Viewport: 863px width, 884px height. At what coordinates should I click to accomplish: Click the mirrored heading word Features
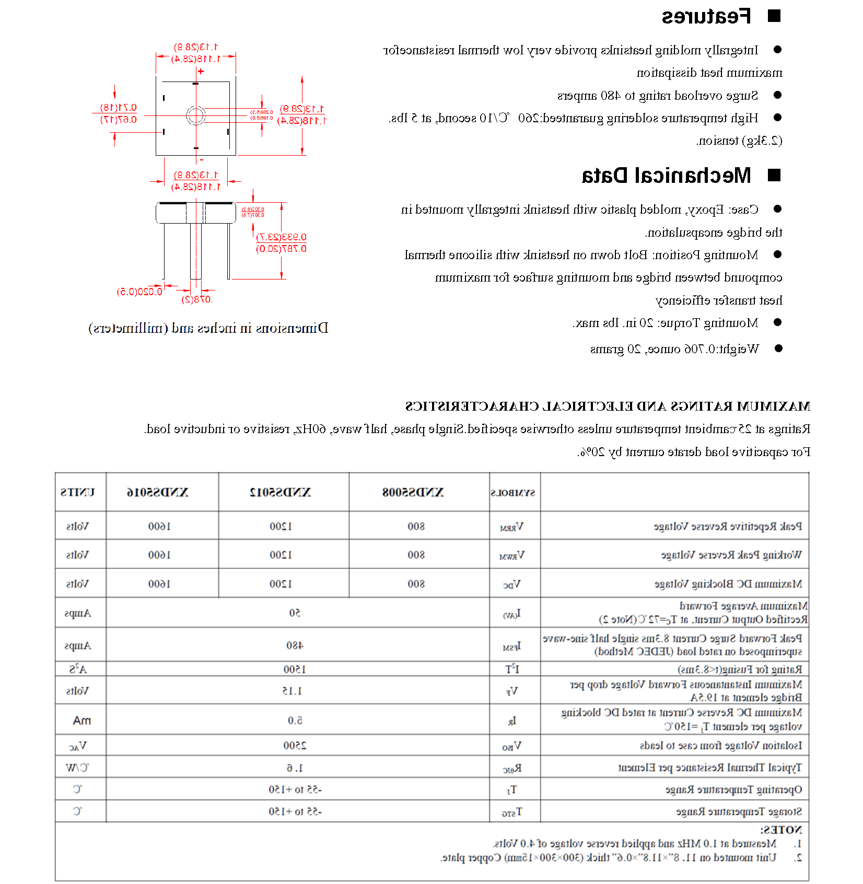(706, 17)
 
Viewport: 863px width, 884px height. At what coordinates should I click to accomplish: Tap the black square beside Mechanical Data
(774, 175)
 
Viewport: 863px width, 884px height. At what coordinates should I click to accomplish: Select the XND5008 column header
(413, 492)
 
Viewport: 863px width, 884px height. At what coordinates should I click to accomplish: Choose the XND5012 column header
(281, 492)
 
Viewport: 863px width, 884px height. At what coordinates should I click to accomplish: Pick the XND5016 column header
(157, 492)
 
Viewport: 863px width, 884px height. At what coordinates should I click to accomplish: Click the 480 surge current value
(295, 645)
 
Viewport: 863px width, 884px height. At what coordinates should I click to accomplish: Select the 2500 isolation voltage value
(295, 746)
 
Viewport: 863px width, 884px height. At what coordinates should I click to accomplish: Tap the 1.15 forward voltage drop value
(292, 691)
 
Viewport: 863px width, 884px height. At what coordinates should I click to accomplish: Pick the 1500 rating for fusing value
(295, 669)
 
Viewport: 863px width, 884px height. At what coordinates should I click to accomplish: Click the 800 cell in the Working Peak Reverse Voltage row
(416, 555)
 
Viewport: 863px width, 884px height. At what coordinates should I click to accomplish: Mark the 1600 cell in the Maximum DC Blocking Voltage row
(159, 584)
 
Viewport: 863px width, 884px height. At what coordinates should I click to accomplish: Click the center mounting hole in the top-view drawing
(195, 115)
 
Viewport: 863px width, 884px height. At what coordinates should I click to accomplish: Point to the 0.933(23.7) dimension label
(282, 237)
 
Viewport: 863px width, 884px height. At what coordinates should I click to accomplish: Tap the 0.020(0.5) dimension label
(139, 292)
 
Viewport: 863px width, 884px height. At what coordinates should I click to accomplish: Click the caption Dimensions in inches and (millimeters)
(208, 328)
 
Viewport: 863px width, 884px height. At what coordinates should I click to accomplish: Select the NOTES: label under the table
(780, 830)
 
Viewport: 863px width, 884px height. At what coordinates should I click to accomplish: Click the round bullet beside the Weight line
(778, 348)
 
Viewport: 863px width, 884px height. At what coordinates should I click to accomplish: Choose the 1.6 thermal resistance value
(295, 768)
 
